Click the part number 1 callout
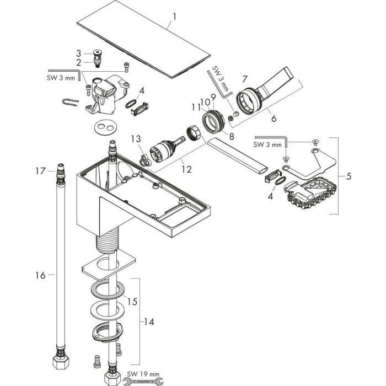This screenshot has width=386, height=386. point(175,17)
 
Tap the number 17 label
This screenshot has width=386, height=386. point(41,171)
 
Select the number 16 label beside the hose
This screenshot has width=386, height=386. point(41,275)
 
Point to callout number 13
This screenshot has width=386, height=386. point(136,139)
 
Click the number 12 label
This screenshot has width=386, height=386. point(186,169)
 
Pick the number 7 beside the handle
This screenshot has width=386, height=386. point(244,79)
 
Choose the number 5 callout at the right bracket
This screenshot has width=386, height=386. point(349,176)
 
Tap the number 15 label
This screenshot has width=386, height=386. point(132,302)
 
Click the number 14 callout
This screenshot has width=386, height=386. point(149,321)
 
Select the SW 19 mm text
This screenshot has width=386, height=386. point(143,374)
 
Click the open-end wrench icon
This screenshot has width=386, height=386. point(143,381)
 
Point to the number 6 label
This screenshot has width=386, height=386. point(274,118)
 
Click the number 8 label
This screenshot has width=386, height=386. point(232,136)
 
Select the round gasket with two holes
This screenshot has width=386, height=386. point(105,127)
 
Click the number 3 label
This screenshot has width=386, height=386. point(78,53)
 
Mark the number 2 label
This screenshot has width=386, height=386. point(78,62)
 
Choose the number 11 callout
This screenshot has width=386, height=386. point(196,107)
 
